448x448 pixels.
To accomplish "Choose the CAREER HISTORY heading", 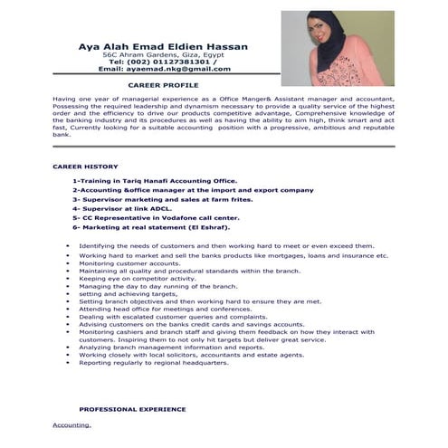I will [85, 167].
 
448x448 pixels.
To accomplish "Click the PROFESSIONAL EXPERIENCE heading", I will [132, 409].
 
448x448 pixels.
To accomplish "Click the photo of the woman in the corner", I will [337, 47].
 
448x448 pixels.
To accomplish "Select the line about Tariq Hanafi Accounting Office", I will [155, 181].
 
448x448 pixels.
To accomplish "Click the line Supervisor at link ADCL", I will [121, 209].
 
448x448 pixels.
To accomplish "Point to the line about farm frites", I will [148, 200].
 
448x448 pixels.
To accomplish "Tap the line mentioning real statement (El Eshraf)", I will [149, 228].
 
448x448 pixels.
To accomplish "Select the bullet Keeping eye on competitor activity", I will [137, 279].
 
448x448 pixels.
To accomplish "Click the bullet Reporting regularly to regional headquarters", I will [153, 363].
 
